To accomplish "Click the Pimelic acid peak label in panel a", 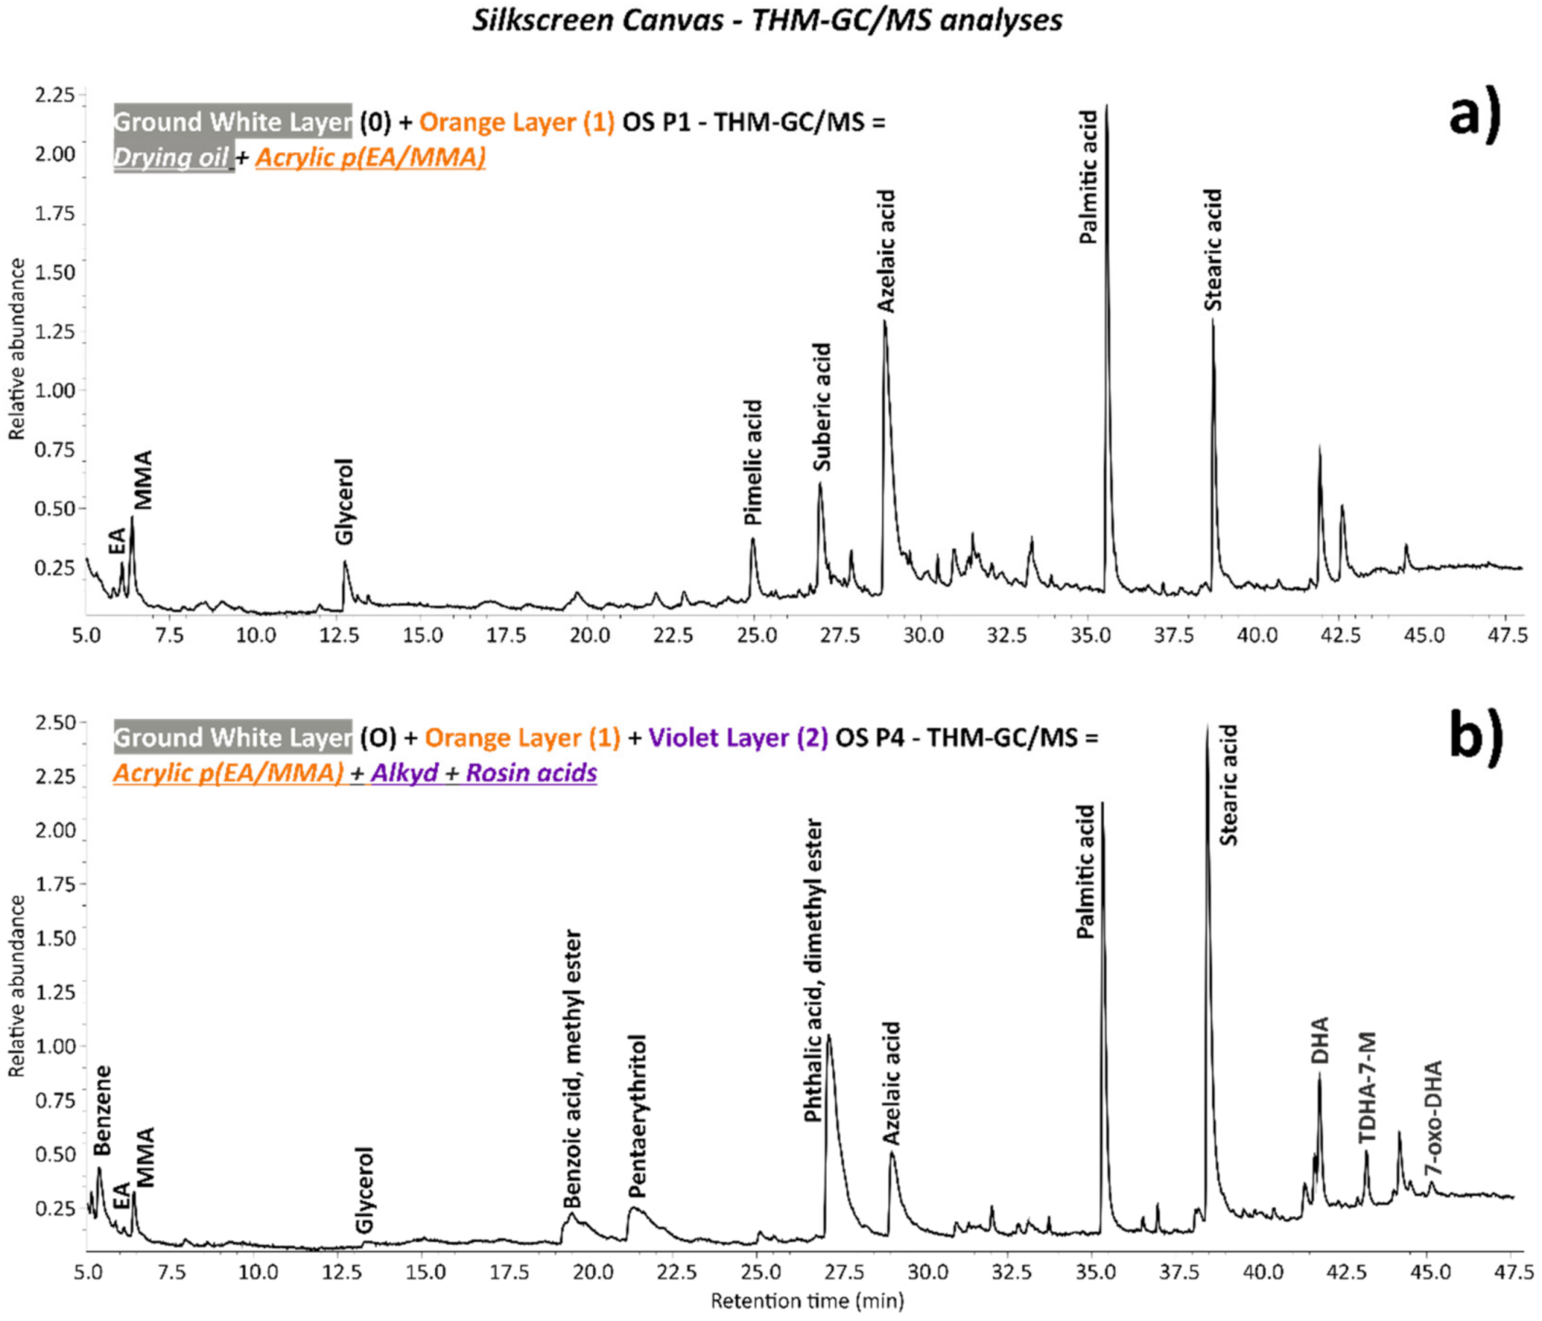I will click(754, 462).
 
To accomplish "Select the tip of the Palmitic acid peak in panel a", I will click(1106, 106).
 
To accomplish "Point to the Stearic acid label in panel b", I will click(1229, 785).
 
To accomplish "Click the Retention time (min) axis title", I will click(807, 1301).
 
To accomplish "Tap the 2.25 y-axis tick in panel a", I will click(55, 94).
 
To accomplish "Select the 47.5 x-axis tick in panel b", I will click(1507, 1271).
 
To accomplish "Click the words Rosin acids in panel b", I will click(532, 773).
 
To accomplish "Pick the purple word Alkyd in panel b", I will click(405, 773).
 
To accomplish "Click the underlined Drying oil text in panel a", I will click(172, 157).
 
